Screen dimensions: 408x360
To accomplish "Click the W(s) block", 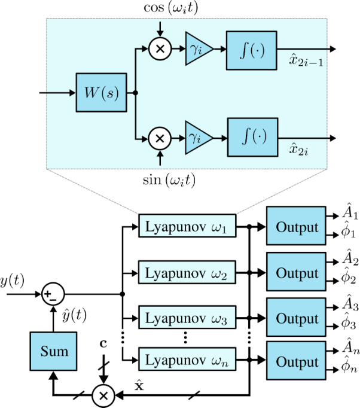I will click(x=102, y=93).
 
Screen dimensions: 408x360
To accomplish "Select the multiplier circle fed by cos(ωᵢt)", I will click(x=159, y=50).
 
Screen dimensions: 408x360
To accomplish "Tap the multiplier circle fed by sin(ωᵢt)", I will click(x=159, y=139).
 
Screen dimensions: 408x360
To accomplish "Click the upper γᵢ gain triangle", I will click(x=196, y=50).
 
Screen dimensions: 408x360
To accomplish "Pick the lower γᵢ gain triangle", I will click(x=196, y=139).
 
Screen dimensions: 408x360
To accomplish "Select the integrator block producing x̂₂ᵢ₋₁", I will click(x=252, y=50).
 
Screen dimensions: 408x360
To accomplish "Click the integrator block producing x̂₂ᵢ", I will click(x=252, y=138).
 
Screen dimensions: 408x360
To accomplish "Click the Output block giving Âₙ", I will click(x=297, y=362).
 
